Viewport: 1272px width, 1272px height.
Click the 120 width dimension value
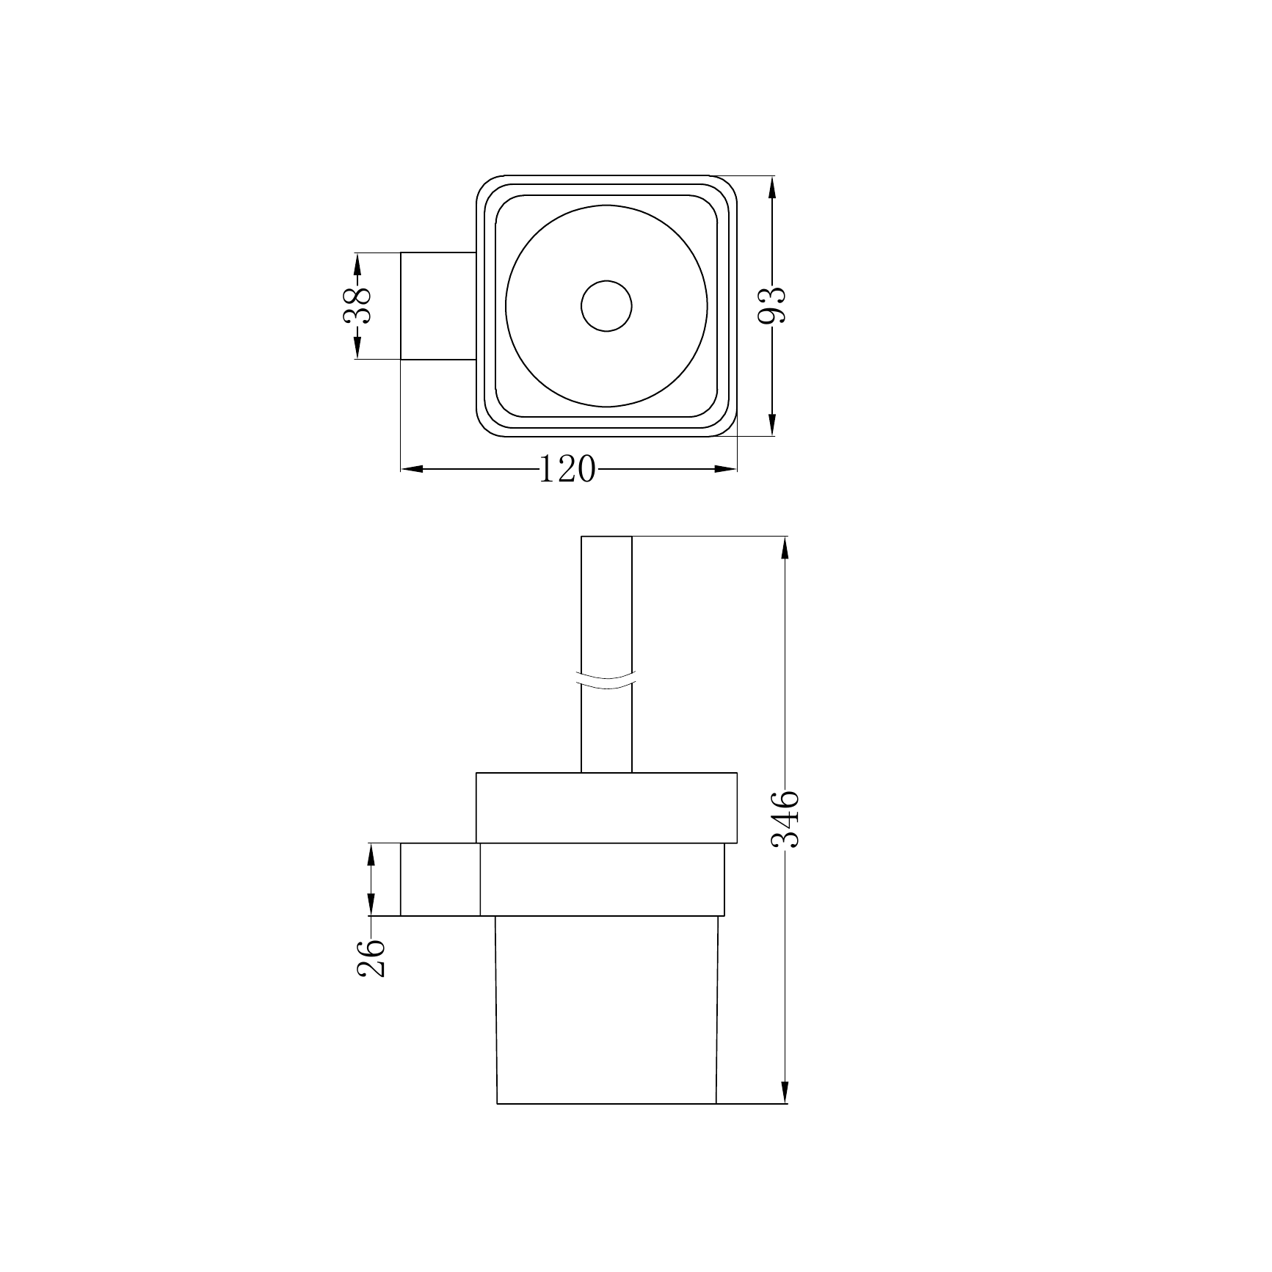pyautogui.click(x=567, y=470)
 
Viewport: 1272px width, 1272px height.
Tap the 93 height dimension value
pyautogui.click(x=771, y=305)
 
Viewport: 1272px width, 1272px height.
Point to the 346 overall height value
pyautogui.click(x=785, y=819)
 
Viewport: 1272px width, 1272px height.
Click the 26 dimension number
pyautogui.click(x=371, y=958)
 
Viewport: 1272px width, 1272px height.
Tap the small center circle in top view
pyautogui.click(x=606, y=305)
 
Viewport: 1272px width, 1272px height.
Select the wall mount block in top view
pyautogui.click(x=438, y=306)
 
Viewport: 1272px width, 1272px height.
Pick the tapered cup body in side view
pyautogui.click(x=606, y=1020)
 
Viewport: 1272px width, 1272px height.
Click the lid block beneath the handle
pyautogui.click(x=606, y=807)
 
